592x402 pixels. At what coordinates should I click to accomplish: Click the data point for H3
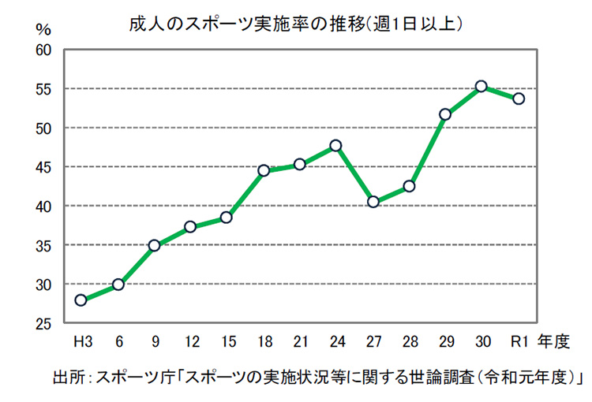click(81, 300)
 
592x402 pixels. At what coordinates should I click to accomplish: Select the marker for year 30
click(481, 86)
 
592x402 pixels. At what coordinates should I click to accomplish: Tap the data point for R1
click(519, 99)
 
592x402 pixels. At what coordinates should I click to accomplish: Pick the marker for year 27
click(373, 202)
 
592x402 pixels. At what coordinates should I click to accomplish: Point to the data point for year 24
click(335, 145)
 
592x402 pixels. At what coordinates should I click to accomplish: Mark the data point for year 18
click(264, 170)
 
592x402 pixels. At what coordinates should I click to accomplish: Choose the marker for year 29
click(445, 114)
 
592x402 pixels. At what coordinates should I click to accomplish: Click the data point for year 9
click(155, 245)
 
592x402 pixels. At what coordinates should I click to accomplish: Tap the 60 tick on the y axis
click(43, 50)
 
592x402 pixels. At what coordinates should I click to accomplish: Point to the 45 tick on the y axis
click(43, 167)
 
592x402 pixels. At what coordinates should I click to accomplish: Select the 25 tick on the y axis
click(43, 324)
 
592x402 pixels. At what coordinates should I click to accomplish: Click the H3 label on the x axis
click(81, 342)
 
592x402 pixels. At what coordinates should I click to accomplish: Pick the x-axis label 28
click(409, 342)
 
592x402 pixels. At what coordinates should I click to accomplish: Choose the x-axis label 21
click(300, 342)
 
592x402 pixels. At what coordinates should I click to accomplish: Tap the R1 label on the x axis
click(519, 342)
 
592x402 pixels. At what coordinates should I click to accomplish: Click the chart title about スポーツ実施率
click(296, 24)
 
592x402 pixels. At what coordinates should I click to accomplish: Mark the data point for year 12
click(190, 227)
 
